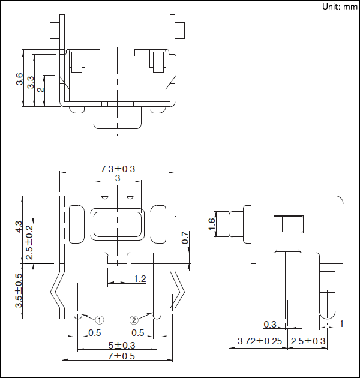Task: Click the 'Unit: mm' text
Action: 340,7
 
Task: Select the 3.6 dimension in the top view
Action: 20,79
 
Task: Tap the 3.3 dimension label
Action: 31,83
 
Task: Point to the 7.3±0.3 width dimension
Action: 118,169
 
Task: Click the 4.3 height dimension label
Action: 19,227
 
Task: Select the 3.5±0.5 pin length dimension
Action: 19,291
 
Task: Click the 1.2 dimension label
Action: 139,279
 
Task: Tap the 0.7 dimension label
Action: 185,238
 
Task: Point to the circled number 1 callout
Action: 100,319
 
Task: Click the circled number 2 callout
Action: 134,319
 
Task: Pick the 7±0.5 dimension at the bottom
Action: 117,356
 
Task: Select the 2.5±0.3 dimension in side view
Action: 308,341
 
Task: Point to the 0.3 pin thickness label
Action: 271,325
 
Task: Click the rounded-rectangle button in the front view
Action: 118,224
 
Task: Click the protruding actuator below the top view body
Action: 118,118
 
